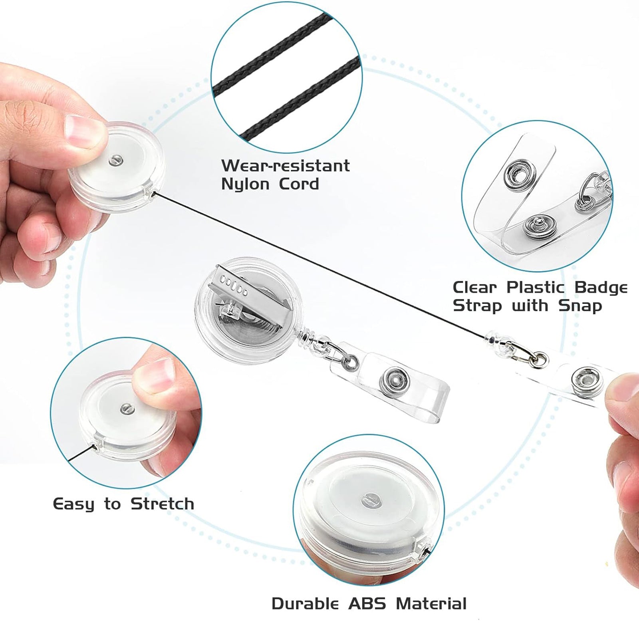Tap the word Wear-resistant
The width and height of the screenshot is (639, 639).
[x=286, y=165]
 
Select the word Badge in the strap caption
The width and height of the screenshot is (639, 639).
[x=601, y=288]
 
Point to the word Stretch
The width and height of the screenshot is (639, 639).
[x=163, y=504]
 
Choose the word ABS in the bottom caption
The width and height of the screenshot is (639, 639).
[x=367, y=603]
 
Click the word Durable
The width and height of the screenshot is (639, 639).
[x=305, y=603]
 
